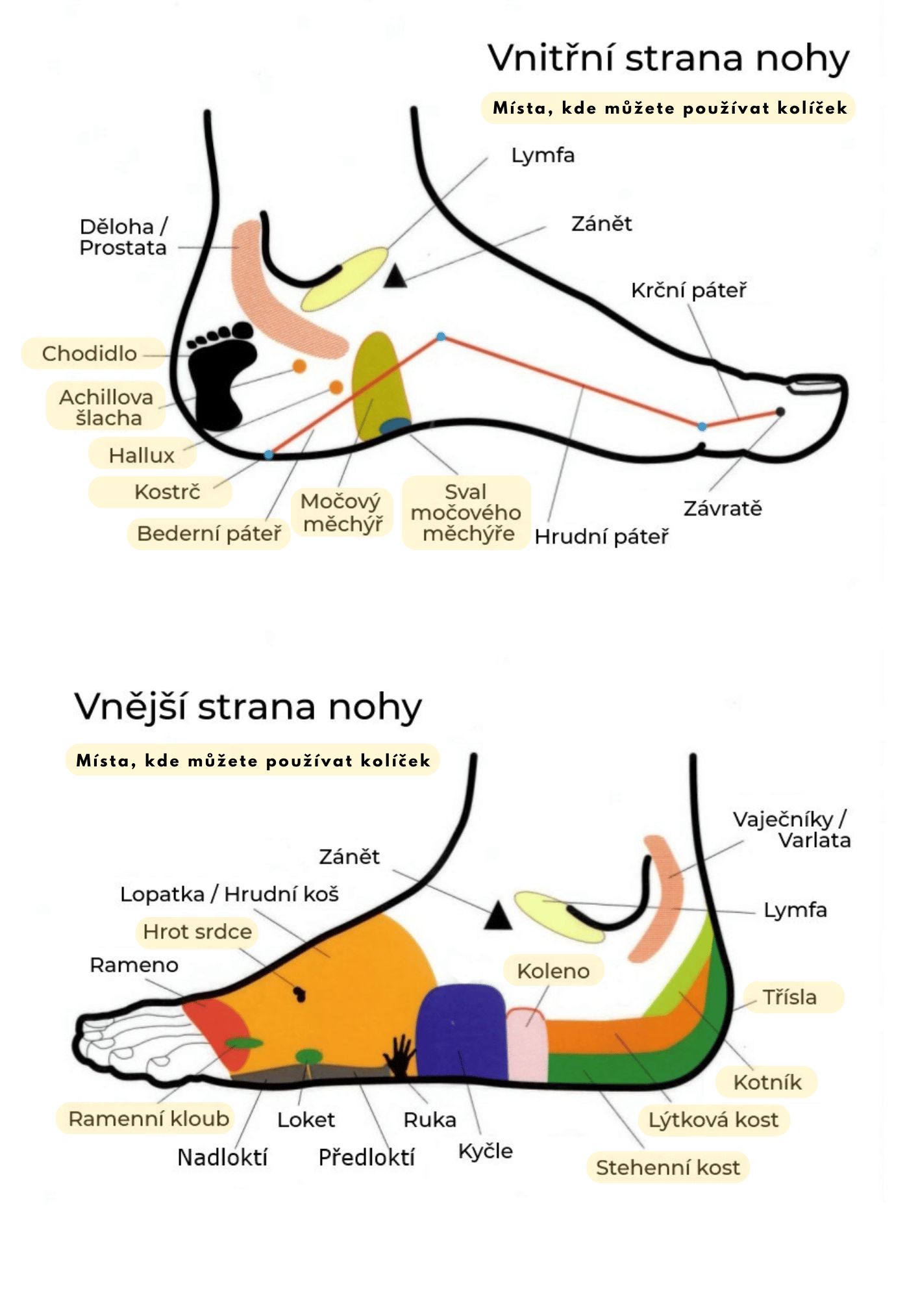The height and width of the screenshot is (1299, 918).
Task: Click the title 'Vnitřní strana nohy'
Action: (668, 58)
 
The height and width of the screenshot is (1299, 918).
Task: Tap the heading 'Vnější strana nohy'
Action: (248, 707)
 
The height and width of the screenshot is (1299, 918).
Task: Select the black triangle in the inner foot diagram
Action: (395, 277)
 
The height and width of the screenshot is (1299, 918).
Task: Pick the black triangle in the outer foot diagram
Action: (498, 916)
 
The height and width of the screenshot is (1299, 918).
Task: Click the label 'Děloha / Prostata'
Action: (123, 237)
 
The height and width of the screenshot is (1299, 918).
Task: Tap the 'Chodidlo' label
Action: (90, 353)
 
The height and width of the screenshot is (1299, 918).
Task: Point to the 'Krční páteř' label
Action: (688, 290)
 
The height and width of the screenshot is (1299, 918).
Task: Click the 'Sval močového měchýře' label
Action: (465, 512)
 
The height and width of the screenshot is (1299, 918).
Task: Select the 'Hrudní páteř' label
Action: (601, 536)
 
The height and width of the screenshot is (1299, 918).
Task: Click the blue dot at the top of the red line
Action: (441, 336)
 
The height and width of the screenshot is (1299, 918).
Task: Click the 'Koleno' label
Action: (553, 971)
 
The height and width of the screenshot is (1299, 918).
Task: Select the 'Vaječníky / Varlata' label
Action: (791, 829)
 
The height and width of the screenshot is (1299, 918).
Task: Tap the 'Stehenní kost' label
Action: (667, 1167)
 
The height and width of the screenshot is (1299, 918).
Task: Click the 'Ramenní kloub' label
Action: (149, 1118)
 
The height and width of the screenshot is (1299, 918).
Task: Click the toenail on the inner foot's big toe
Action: (814, 385)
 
